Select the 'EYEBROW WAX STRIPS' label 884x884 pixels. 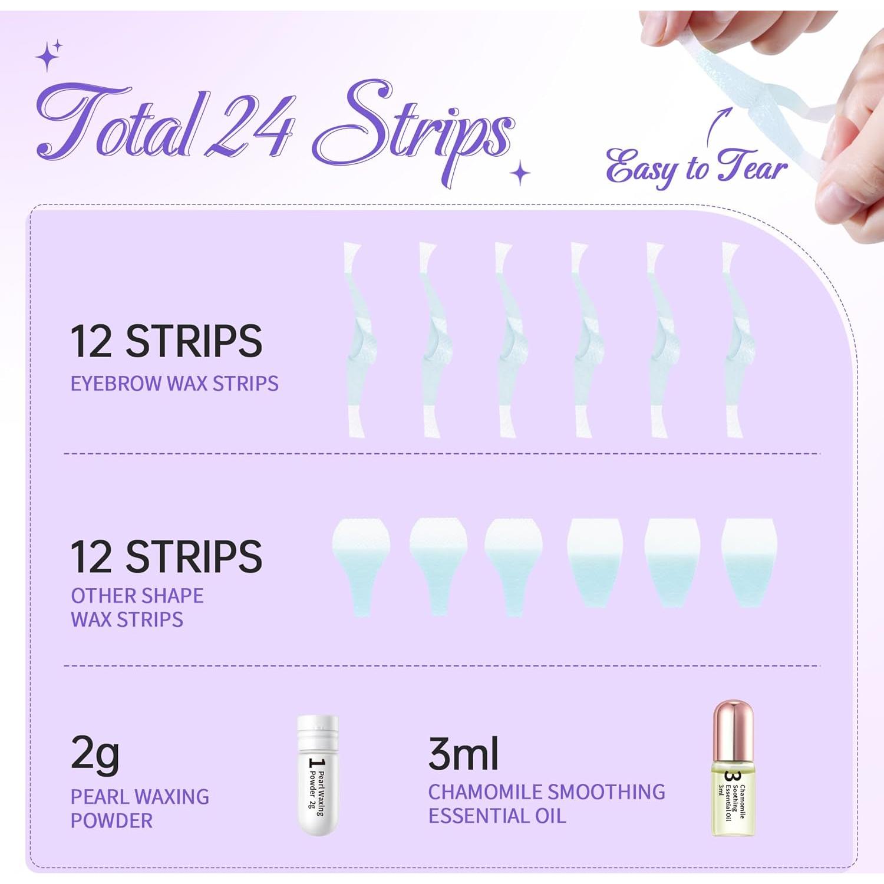click(x=174, y=384)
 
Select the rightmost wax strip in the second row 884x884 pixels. click(x=749, y=560)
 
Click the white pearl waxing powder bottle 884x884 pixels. click(x=318, y=774)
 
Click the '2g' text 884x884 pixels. click(x=95, y=754)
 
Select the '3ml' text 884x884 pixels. click(x=463, y=754)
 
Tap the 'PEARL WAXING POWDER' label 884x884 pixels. click(x=139, y=809)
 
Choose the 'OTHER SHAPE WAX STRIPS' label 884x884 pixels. click(x=137, y=608)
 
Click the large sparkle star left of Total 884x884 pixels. click(x=47, y=57)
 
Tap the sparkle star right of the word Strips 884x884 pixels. click(x=520, y=174)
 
